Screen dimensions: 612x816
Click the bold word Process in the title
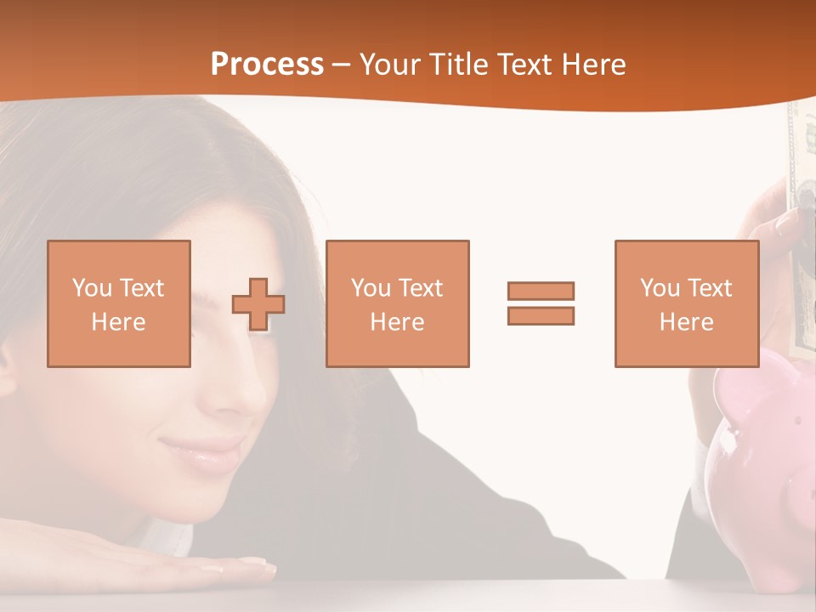tap(267, 65)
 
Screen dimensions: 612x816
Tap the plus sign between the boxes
tap(258, 303)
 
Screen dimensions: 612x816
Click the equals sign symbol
tap(541, 303)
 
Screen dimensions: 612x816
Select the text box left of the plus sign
tap(119, 303)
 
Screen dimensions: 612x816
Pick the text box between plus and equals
tap(397, 303)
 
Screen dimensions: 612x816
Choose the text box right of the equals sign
tap(686, 303)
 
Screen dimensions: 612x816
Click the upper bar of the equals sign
tap(541, 291)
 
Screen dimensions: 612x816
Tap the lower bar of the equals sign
tap(541, 315)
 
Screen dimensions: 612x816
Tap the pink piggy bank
tap(761, 476)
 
